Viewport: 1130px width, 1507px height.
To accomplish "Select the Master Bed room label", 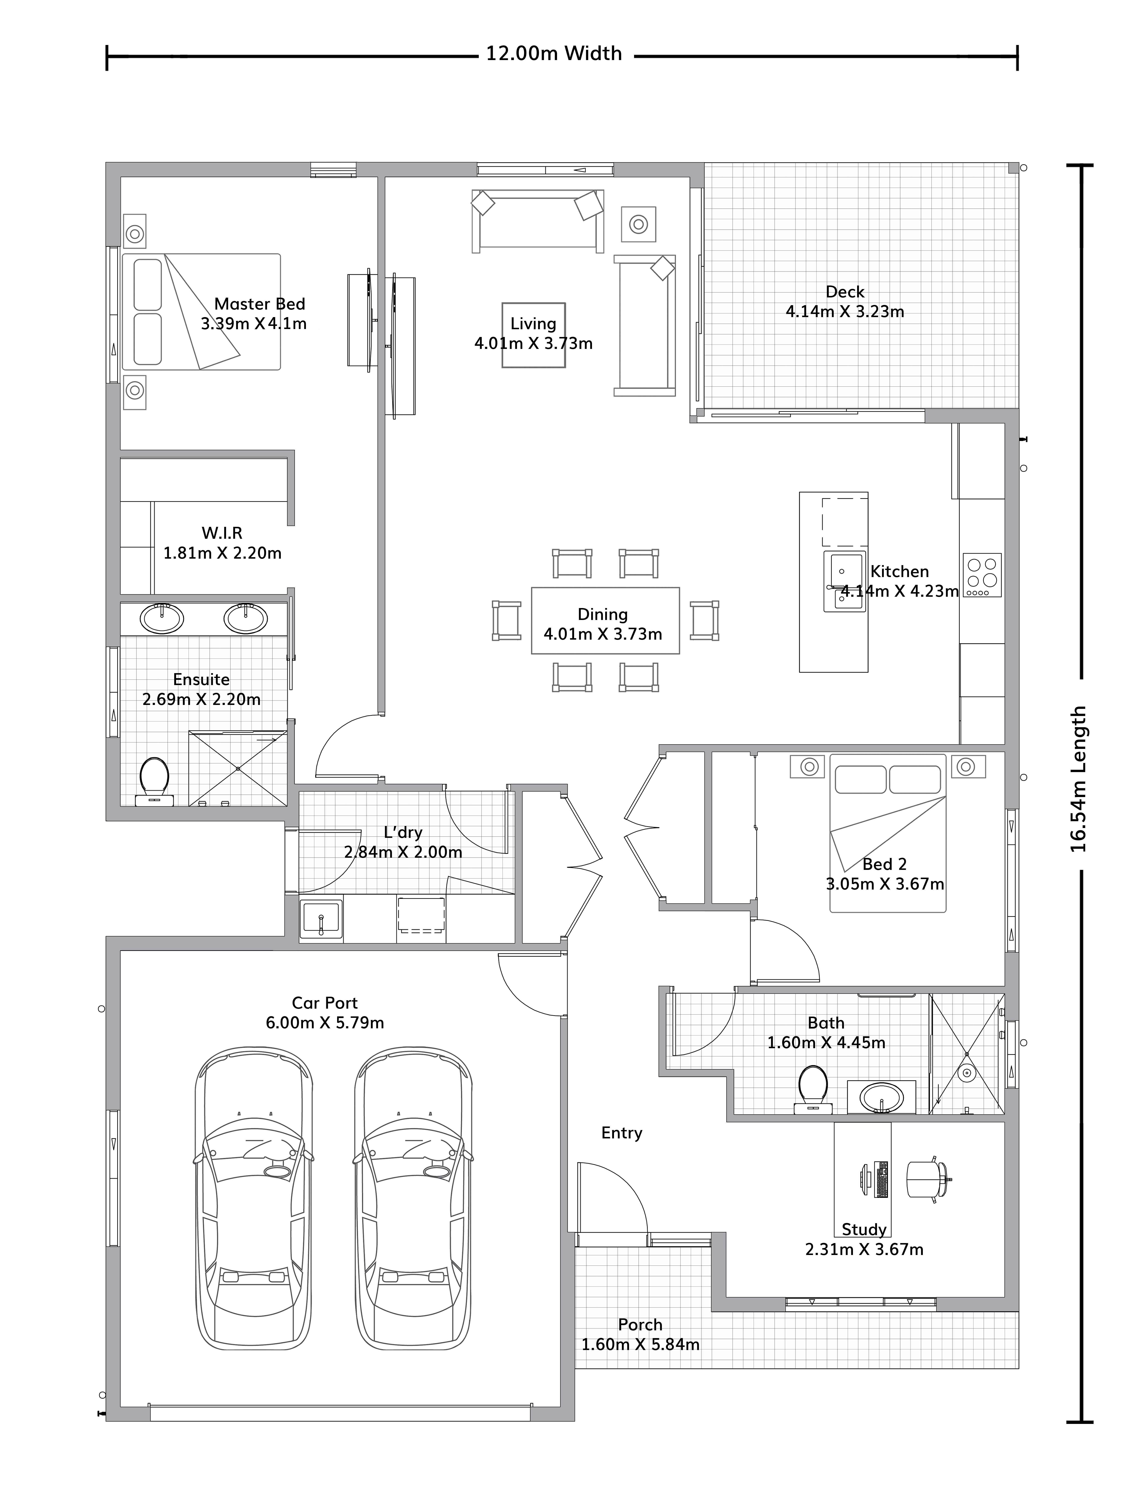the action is (259, 304).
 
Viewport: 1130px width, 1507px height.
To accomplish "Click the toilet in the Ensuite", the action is (155, 781).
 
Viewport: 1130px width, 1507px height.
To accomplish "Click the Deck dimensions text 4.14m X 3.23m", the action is (845, 311).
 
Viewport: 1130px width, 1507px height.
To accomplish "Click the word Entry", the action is (621, 1132).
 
